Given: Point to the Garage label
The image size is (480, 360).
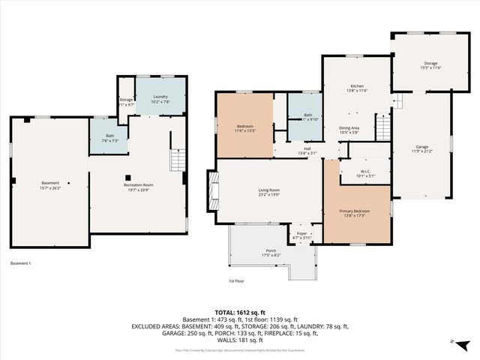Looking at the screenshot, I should coord(422,146).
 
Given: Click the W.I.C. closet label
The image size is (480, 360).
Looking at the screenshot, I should coord(364,173).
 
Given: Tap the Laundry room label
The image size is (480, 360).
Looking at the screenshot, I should coord(160,97).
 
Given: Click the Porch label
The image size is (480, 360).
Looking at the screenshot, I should coord(271,252).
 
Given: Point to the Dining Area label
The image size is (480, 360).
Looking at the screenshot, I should coord(349,128).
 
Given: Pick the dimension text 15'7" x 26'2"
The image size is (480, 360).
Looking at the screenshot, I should coord(49,187).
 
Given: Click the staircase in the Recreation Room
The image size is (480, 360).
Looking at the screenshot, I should coord(177,160).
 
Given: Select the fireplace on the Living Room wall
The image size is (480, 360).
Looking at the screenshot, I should coord(212,192).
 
